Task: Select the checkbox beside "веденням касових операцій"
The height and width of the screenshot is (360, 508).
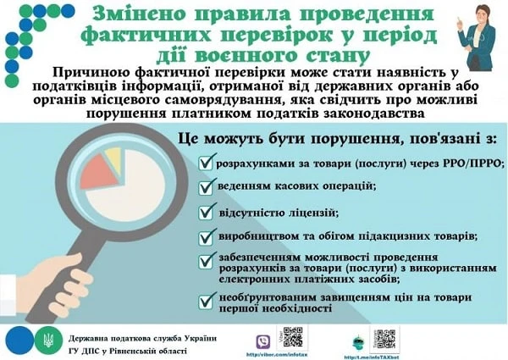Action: coord(205,184)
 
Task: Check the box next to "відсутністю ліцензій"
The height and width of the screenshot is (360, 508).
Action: coord(205,210)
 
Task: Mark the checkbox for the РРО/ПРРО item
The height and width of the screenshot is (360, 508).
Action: coord(205,160)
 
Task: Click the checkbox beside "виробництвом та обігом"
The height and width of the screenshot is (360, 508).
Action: coord(205,235)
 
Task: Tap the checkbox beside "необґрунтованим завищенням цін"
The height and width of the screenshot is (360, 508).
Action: coord(205,300)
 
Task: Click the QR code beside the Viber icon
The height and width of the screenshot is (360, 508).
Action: coord(293,337)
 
